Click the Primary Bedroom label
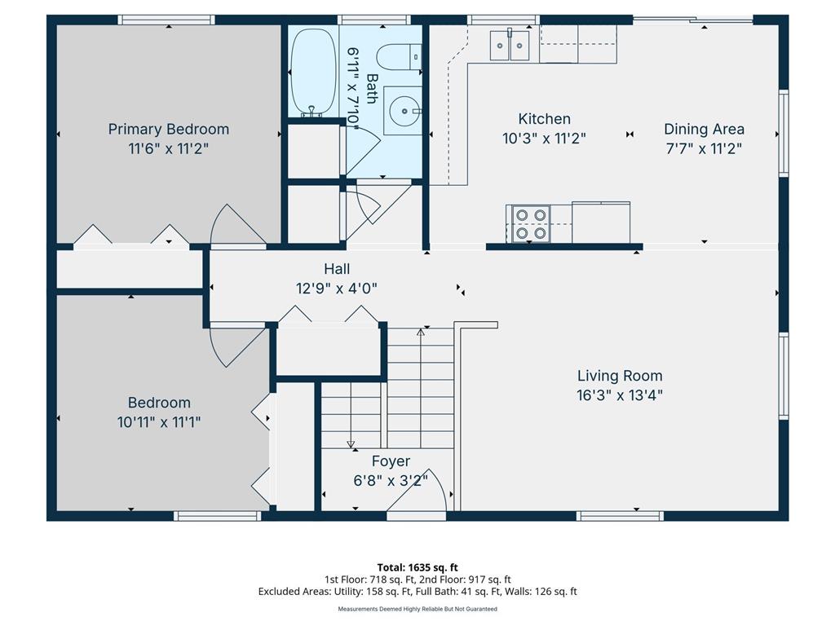(x=168, y=130)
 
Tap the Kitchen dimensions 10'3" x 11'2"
(x=544, y=139)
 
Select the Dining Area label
(x=704, y=130)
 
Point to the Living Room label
(x=620, y=376)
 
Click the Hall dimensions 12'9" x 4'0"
(x=337, y=289)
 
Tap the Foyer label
(x=391, y=461)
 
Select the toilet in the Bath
(x=400, y=57)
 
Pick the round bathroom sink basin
(x=404, y=111)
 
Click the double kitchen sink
(x=510, y=46)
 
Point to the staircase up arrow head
(x=421, y=333)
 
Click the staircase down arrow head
(x=351, y=444)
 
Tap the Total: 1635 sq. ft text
(x=417, y=567)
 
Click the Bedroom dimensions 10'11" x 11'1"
(x=159, y=422)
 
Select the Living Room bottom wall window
(x=621, y=515)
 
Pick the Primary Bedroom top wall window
(x=166, y=20)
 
